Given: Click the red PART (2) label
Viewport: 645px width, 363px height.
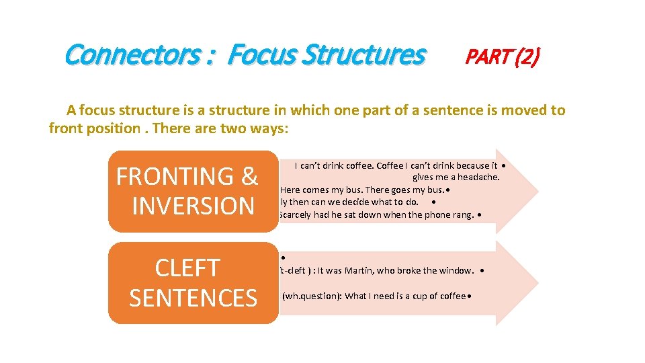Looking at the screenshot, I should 502,57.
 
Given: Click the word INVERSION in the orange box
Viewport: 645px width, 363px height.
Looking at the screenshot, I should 193,206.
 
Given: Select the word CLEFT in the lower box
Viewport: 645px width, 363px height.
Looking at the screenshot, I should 187,268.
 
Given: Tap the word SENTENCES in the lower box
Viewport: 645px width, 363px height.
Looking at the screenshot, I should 193,297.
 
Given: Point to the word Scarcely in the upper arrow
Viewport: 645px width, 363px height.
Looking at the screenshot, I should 294,215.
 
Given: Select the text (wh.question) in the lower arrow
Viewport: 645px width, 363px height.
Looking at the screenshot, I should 312,296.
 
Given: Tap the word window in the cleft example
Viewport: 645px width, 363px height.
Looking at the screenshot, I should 456,270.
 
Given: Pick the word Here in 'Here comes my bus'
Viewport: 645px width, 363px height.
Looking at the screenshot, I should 290,190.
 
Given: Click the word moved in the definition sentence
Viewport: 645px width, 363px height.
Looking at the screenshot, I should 515,110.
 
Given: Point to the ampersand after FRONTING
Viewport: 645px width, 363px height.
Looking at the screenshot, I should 249,176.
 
